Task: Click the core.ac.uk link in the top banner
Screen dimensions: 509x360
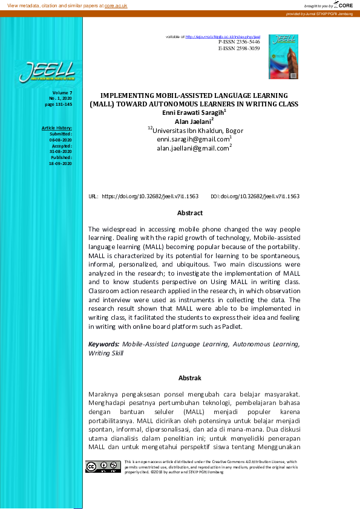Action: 116,5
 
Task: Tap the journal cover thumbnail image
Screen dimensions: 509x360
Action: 283,56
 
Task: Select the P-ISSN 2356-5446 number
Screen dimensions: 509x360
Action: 239,42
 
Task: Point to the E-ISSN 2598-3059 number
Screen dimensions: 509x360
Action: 239,48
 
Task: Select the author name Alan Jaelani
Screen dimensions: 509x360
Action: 194,121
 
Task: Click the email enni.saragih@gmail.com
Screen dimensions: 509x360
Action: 193,139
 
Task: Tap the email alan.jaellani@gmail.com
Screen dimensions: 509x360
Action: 193,148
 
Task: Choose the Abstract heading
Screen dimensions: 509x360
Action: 189,213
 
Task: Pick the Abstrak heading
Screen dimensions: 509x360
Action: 189,378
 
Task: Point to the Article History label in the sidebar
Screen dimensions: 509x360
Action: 56,128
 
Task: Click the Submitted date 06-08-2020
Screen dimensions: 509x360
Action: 61,140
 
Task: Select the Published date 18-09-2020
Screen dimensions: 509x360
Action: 61,163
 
